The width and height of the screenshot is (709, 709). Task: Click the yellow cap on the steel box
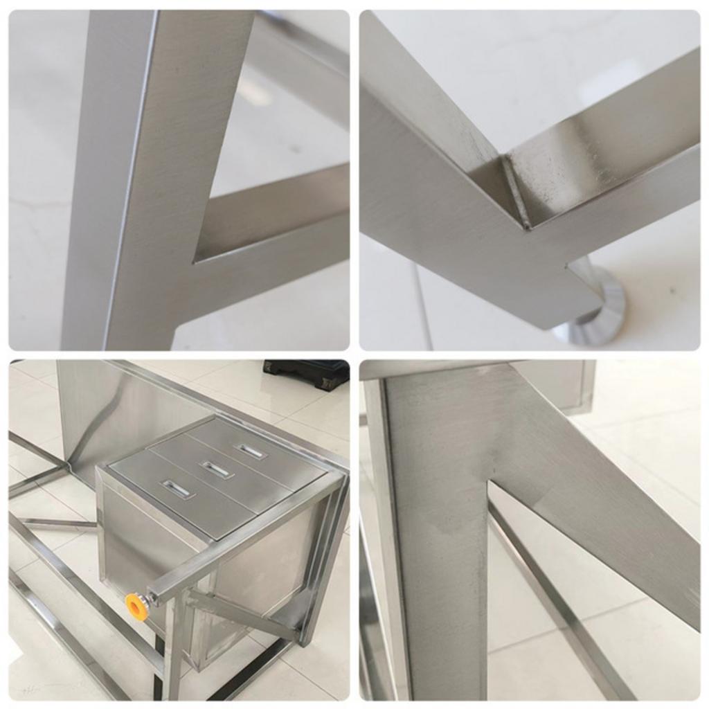click(137, 607)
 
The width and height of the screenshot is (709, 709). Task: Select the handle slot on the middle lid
click(216, 469)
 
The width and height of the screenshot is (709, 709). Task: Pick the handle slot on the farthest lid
click(251, 451)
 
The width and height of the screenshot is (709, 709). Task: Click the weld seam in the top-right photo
click(517, 190)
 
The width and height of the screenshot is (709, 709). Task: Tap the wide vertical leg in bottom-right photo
click(436, 554)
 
